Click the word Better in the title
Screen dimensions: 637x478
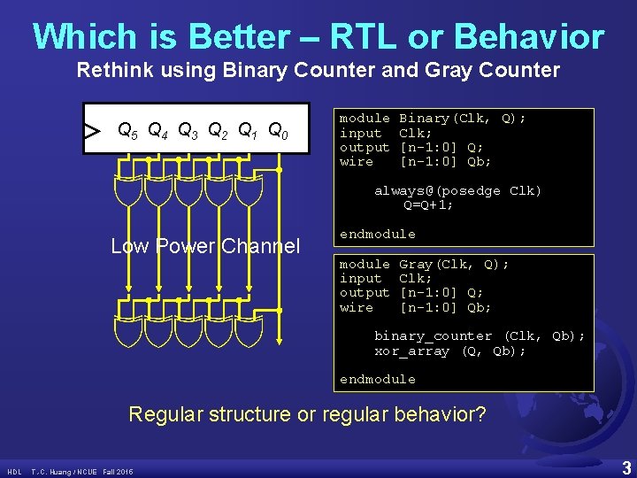click(237, 37)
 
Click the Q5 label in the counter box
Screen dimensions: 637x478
click(128, 131)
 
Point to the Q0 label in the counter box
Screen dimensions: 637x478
click(278, 131)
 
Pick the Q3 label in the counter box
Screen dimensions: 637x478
click(188, 131)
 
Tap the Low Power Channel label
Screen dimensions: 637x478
click(205, 246)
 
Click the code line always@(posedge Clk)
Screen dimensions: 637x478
click(457, 190)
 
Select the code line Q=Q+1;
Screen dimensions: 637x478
click(428, 204)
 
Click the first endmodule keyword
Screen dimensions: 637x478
click(378, 234)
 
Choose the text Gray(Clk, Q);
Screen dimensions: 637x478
click(454, 264)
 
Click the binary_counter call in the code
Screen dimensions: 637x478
click(433, 335)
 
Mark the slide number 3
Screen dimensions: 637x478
click(625, 466)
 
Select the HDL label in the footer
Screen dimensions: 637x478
click(15, 471)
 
